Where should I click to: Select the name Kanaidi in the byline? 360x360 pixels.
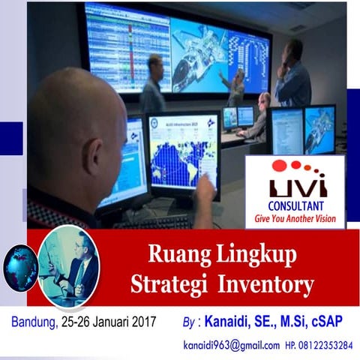(x=233, y=322)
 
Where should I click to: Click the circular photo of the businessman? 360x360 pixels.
(x=69, y=266)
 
